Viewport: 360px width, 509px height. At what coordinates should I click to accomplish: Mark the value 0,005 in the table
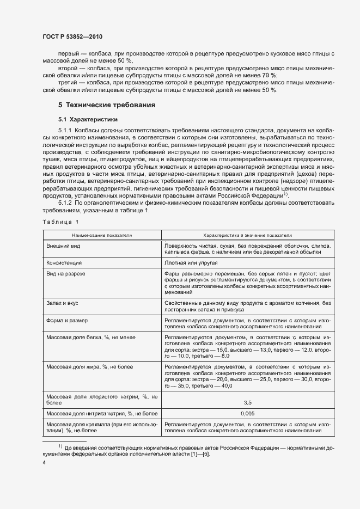(247, 414)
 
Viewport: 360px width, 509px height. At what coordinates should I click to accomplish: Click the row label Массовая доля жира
(84, 367)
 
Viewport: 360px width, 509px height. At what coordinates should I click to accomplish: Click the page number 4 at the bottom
(44, 463)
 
